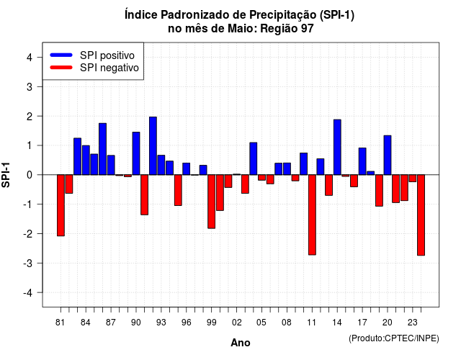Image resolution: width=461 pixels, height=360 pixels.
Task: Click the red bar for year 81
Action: click(61, 205)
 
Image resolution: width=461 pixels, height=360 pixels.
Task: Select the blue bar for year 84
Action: click(86, 160)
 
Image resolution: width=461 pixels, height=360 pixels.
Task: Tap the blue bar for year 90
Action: click(136, 153)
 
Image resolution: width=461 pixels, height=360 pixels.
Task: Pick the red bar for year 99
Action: click(211, 202)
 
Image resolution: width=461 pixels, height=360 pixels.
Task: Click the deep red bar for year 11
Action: click(312, 215)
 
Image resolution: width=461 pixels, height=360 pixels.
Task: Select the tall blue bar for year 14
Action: click(337, 147)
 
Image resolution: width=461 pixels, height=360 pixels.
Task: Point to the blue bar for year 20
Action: click(388, 156)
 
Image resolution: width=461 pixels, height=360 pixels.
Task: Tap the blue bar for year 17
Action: click(362, 161)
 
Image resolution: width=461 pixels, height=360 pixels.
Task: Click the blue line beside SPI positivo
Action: click(61, 55)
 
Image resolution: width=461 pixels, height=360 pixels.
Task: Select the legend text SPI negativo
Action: click(109, 68)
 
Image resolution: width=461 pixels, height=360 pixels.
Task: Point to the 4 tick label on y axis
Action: click(30, 58)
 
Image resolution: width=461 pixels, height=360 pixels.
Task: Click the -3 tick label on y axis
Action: click(27, 263)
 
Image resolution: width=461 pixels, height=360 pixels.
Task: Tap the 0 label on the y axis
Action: click(30, 175)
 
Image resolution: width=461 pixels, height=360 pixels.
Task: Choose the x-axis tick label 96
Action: click(186, 323)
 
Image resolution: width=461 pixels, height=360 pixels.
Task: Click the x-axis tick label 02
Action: click(236, 323)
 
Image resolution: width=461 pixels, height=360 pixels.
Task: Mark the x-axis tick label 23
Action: click(413, 323)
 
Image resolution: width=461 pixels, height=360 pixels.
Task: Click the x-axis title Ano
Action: click(241, 343)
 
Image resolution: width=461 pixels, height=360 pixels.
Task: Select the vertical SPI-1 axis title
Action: click(6, 175)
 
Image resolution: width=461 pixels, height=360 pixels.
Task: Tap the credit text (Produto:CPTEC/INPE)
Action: click(394, 338)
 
